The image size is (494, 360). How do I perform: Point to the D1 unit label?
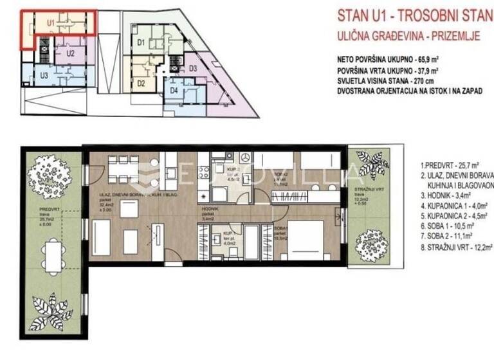(141, 44)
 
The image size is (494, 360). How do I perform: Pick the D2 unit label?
(142, 82)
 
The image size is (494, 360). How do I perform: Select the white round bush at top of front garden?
(49, 172)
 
